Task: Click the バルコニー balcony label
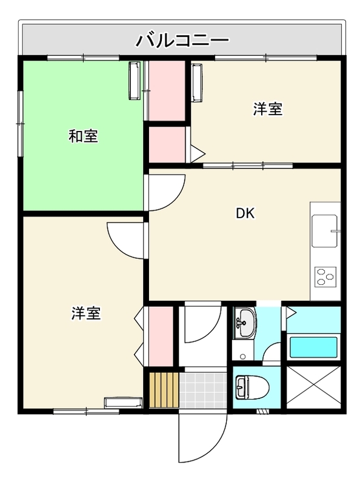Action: (182, 40)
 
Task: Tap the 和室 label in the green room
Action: (83, 136)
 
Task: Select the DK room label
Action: (245, 213)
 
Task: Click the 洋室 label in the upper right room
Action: (268, 109)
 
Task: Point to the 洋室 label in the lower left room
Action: (86, 313)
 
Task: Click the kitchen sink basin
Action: (324, 231)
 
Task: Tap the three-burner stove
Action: (325, 276)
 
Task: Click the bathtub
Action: (313, 347)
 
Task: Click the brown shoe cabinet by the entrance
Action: (164, 390)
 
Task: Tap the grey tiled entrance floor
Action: (203, 390)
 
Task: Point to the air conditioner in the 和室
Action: (135, 81)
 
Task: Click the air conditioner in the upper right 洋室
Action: (197, 82)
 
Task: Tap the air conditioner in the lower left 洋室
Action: (123, 403)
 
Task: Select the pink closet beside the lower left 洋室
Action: (161, 336)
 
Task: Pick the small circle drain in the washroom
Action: (242, 357)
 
